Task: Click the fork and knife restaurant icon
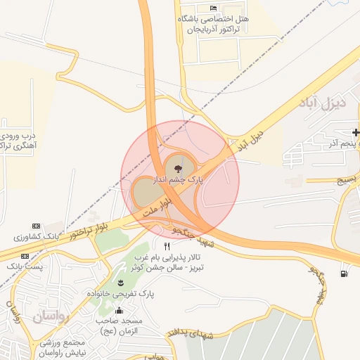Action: pos(167,247)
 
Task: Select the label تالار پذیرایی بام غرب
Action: pos(179,257)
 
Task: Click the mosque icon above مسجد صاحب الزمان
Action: pos(119,310)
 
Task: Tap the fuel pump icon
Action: pos(343,274)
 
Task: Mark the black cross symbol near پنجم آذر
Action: pos(356,132)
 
